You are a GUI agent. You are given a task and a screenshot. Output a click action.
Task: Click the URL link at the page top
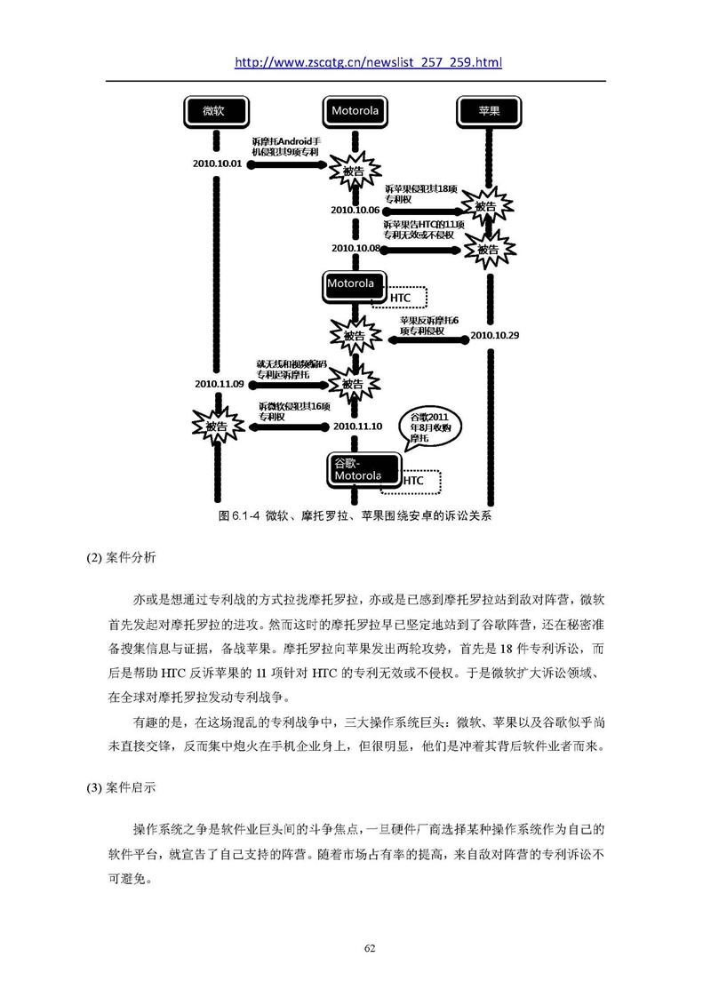click(368, 62)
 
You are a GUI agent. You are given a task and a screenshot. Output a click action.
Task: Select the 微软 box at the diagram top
click(216, 112)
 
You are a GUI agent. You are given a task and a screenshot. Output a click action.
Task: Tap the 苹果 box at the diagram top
click(489, 112)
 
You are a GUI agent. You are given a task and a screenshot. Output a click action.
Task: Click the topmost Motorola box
click(355, 112)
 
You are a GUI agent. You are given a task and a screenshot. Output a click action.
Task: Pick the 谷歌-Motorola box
click(363, 470)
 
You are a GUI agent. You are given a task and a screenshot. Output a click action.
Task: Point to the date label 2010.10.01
click(218, 164)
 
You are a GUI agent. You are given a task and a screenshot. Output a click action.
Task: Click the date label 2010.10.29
click(494, 335)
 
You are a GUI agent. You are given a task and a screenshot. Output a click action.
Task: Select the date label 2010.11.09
click(220, 384)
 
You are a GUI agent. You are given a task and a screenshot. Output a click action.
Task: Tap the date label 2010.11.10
click(358, 427)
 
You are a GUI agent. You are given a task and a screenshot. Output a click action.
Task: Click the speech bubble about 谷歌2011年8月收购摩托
click(430, 428)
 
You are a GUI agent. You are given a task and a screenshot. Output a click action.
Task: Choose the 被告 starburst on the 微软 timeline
click(218, 427)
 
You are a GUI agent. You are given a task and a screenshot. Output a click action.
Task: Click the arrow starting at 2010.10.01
click(288, 164)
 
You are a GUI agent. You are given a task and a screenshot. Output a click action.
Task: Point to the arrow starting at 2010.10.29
click(429, 339)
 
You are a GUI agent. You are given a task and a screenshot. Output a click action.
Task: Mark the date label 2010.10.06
click(355, 211)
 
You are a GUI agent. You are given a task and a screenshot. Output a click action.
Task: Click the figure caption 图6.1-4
click(355, 516)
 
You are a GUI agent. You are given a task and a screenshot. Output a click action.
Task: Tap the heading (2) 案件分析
click(121, 558)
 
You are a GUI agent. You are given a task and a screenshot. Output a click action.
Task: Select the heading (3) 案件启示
click(121, 787)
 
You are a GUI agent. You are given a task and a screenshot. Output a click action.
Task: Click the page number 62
click(370, 949)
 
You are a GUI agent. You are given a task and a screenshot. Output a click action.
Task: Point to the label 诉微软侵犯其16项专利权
click(294, 411)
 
